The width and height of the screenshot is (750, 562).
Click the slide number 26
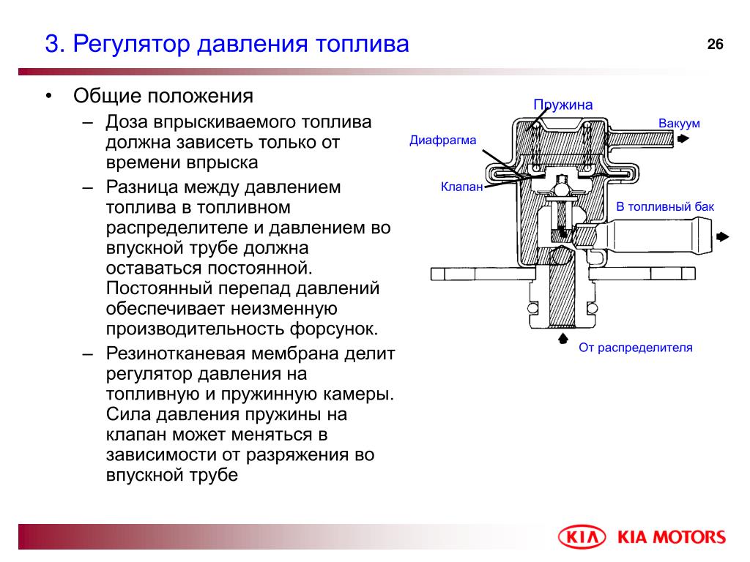(x=715, y=45)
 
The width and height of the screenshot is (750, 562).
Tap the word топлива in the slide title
(x=362, y=44)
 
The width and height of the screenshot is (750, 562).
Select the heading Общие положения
(x=163, y=96)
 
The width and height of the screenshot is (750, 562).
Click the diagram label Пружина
(x=563, y=105)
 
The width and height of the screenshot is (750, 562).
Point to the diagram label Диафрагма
(x=443, y=140)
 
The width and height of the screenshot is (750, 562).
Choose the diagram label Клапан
(x=461, y=187)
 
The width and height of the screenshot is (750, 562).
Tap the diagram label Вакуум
(x=679, y=123)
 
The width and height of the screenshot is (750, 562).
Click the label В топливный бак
(x=665, y=206)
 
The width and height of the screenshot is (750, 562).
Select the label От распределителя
(x=636, y=348)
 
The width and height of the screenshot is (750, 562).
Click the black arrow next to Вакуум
(x=683, y=139)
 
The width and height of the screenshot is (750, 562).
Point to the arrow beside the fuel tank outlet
(x=723, y=236)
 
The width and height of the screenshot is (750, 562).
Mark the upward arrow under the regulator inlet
(x=563, y=338)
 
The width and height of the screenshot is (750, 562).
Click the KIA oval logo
(x=582, y=536)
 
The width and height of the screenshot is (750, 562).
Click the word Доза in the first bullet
(x=127, y=122)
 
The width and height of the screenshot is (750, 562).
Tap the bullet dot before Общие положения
(x=48, y=96)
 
